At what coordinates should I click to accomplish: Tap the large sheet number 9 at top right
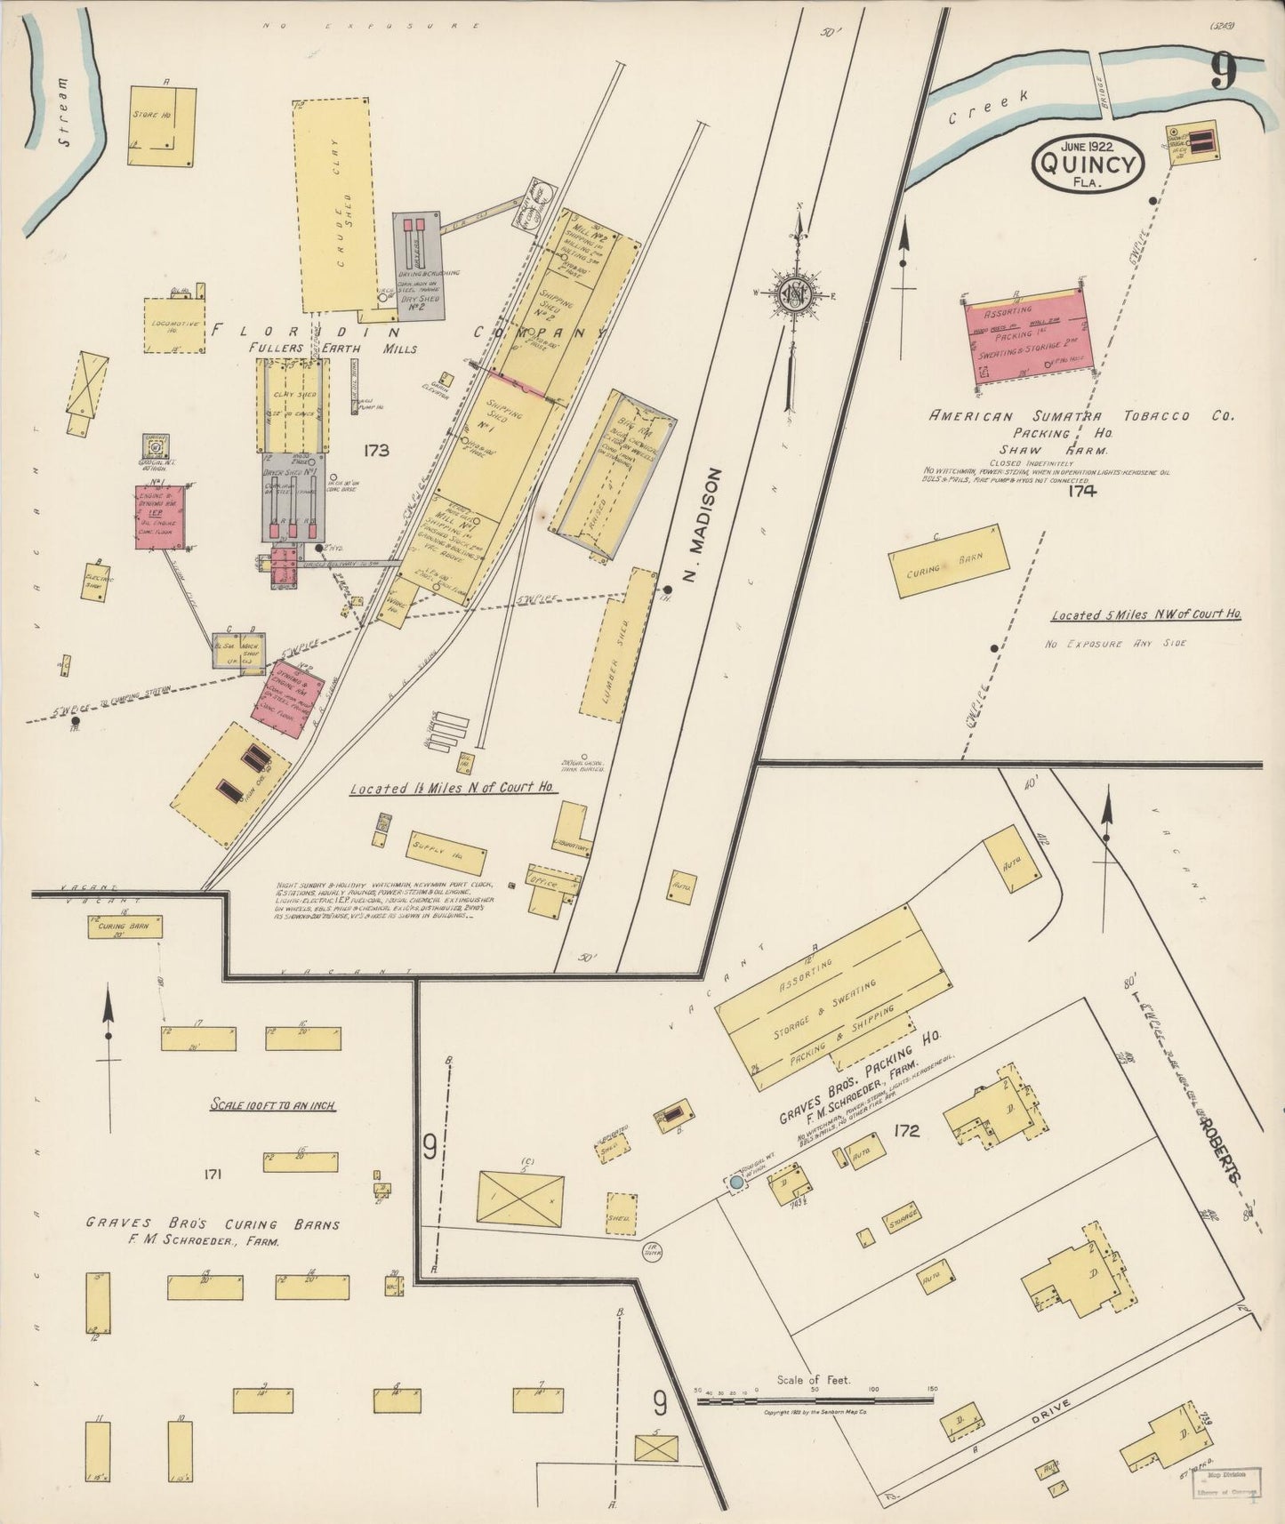click(x=1224, y=72)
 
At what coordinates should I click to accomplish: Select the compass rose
click(x=793, y=295)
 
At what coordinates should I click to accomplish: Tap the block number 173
click(x=375, y=451)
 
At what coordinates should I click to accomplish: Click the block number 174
click(x=1083, y=490)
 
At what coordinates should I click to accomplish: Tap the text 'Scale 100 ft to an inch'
click(x=272, y=1105)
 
